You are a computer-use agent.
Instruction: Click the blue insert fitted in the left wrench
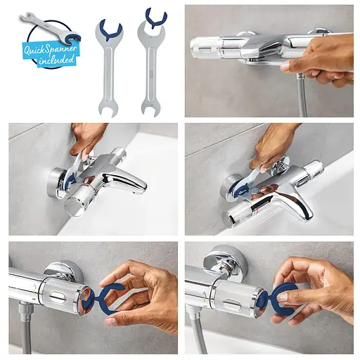point(110,31)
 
